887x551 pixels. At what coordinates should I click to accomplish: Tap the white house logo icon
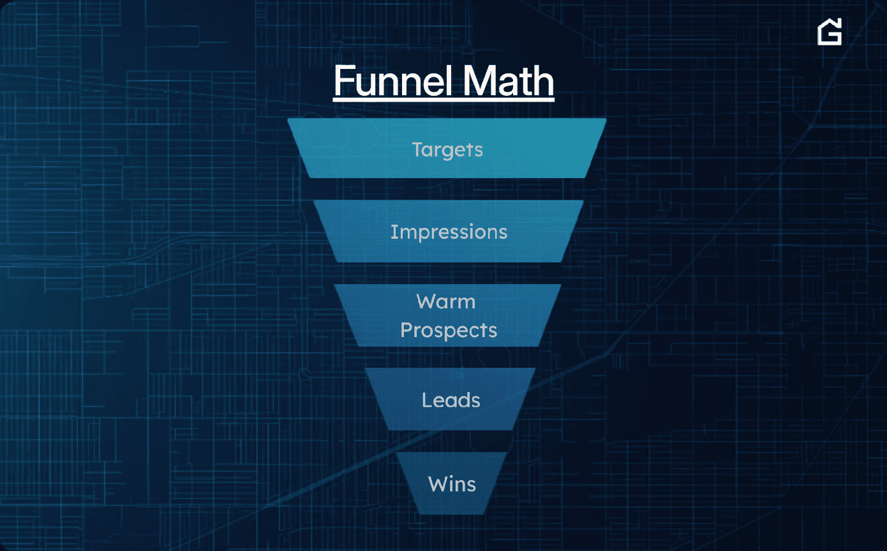830,32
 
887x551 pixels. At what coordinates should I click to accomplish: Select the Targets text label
447,150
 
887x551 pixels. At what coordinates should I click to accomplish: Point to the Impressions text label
449,232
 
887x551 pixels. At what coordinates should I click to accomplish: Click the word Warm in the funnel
446,301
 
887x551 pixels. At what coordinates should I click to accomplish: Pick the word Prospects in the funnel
449,330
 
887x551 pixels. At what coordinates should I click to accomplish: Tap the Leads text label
451,400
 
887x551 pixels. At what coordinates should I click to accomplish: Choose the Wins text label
452,484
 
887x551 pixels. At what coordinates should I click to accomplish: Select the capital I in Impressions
393,232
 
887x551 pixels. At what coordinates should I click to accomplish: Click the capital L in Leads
426,400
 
